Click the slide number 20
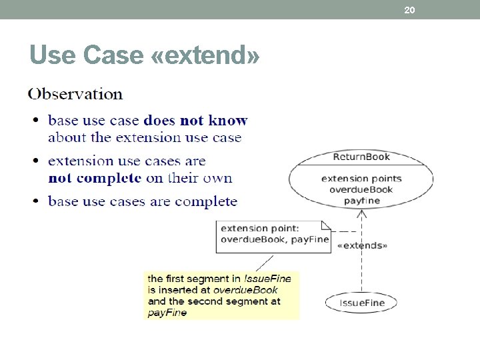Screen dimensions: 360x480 (410, 10)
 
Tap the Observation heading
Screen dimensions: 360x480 (75, 94)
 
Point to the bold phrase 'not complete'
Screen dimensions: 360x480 (95, 178)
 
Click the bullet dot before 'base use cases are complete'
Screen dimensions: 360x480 (35, 201)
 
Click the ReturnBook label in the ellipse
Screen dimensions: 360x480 (361, 157)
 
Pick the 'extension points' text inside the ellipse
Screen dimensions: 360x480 (361, 178)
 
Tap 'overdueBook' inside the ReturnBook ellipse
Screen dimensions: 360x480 (361, 189)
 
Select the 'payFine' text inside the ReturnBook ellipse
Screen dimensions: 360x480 (362, 200)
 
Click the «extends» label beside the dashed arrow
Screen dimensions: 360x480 (363, 245)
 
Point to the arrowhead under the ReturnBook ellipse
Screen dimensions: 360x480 (361, 213)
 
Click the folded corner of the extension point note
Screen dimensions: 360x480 (326, 225)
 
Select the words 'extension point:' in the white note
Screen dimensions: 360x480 (260, 228)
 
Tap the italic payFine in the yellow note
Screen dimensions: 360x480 (167, 313)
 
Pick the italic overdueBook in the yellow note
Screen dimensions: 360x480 (245, 290)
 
